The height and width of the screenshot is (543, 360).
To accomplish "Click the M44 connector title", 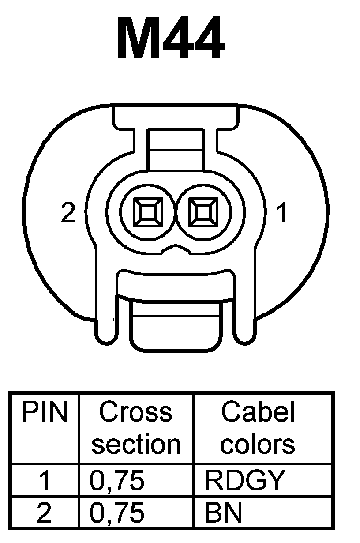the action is [171, 40].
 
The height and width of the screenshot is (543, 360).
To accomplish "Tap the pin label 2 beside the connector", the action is [68, 213].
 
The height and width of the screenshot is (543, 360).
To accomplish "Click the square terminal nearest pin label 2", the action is [147, 211].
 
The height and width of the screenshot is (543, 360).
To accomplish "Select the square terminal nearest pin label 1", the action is [203, 211].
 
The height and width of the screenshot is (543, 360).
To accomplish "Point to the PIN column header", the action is [44, 412].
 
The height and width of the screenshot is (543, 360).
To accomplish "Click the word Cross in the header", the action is [135, 412].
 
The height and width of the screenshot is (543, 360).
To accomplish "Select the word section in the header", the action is [136, 444].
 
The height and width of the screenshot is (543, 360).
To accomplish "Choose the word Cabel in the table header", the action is [258, 412].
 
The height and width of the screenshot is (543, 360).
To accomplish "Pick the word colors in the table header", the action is [258, 444].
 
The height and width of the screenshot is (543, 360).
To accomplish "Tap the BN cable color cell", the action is [224, 513].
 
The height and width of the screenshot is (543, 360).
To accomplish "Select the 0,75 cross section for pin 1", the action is [117, 480].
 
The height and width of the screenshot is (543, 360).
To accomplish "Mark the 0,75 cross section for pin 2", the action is [117, 513].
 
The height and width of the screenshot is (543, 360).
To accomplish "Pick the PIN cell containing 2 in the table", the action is [44, 513].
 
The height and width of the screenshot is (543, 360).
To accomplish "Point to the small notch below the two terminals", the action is [175, 250].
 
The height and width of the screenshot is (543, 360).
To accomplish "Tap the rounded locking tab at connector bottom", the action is [176, 327].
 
